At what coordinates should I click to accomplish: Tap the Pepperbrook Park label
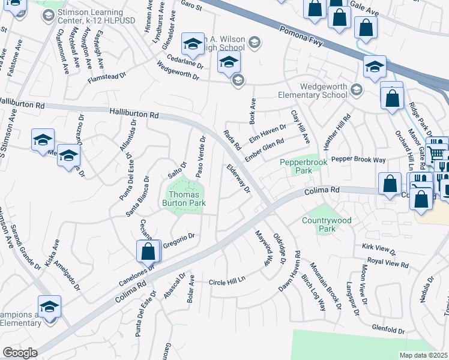pyautogui.click(x=296, y=167)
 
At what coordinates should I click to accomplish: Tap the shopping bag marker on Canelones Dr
pyautogui.click(x=148, y=252)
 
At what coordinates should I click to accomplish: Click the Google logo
pyautogui.click(x=20, y=353)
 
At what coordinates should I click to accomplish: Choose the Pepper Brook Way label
pyautogui.click(x=358, y=160)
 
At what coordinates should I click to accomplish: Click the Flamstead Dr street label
pyautogui.click(x=107, y=77)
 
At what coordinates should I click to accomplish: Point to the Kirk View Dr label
pyautogui.click(x=379, y=248)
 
